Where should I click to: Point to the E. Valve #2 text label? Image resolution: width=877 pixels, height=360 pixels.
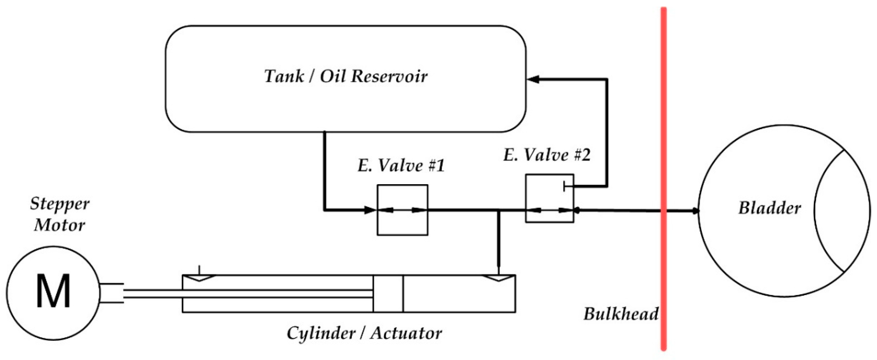[547, 155]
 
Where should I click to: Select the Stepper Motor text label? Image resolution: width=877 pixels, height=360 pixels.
[60, 215]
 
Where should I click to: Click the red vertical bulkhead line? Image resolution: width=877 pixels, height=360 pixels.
[663, 102]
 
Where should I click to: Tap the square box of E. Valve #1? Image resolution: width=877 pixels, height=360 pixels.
[402, 225]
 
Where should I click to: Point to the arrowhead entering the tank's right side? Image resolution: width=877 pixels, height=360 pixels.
[533, 79]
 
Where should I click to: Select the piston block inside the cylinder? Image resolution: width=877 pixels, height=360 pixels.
[388, 294]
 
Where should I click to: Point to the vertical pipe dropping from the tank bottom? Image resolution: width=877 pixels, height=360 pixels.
[324, 170]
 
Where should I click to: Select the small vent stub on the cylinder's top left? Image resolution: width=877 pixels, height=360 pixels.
[200, 270]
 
